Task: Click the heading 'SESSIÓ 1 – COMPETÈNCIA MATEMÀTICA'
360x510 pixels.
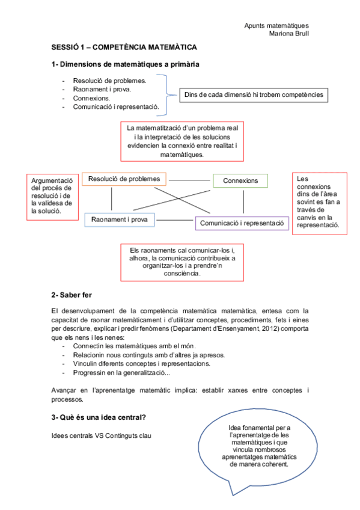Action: pyautogui.click(x=124, y=47)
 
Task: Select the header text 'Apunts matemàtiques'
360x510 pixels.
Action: pyautogui.click(x=276, y=26)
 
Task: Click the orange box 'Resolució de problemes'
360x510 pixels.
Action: pyautogui.click(x=124, y=179)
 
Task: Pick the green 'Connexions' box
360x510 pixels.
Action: pyautogui.click(x=240, y=180)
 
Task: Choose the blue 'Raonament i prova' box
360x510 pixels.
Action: pyautogui.click(x=120, y=220)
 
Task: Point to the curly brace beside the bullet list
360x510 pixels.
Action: pyautogui.click(x=166, y=94)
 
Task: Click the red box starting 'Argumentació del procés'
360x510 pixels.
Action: pyautogui.click(x=52, y=195)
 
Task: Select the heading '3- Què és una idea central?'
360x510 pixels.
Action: pyautogui.click(x=100, y=417)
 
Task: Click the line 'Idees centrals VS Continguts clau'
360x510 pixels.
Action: pyautogui.click(x=102, y=435)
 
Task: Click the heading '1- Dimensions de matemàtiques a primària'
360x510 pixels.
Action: pyautogui.click(x=126, y=64)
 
